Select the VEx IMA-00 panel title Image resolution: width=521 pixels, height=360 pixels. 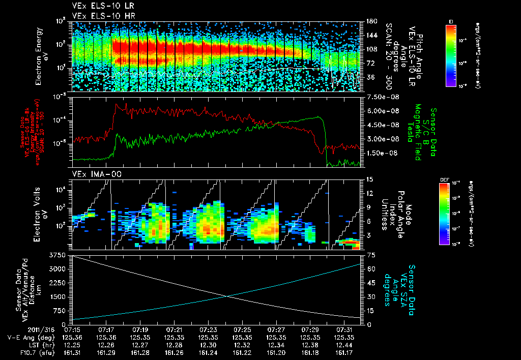tap(92, 174)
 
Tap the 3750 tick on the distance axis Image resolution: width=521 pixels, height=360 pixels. tap(61, 254)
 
